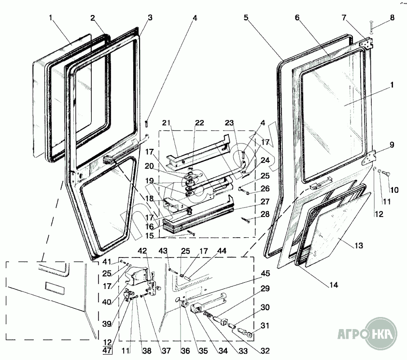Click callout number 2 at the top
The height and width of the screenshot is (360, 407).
click(92, 18)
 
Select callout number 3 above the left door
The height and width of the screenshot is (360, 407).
click(150, 18)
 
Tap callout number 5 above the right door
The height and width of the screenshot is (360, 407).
click(246, 18)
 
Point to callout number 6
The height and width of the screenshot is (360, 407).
click(297, 18)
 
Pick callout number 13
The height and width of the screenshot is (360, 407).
click(358, 246)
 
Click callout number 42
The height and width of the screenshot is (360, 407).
click(143, 250)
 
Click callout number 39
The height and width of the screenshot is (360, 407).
click(107, 323)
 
